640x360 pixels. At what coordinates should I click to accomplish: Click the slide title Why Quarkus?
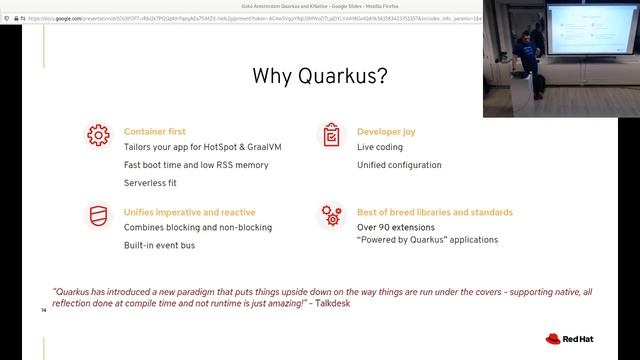click(x=319, y=76)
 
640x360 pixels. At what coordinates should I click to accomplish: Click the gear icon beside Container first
click(x=98, y=135)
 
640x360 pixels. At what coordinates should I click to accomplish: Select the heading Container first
click(x=154, y=131)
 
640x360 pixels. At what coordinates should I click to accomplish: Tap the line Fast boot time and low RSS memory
click(x=196, y=164)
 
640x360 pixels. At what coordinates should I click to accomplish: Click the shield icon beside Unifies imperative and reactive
click(x=98, y=216)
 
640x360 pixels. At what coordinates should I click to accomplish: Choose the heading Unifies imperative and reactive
click(x=189, y=212)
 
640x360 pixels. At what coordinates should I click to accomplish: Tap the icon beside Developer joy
click(x=330, y=135)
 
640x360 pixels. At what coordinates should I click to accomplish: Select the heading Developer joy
click(x=386, y=131)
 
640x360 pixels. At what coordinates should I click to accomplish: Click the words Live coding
click(x=380, y=148)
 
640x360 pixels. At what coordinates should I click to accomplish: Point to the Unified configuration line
click(x=399, y=165)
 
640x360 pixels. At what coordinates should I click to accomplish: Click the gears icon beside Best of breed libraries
click(x=330, y=216)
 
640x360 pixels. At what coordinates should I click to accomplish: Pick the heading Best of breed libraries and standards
click(x=434, y=212)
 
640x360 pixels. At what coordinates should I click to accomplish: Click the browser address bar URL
click(x=250, y=18)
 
